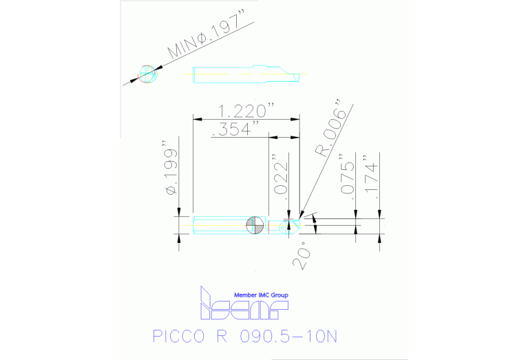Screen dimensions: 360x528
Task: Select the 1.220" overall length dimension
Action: point(246,111)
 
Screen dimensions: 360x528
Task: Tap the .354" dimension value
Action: point(236,129)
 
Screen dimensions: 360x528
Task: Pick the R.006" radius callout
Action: point(330,131)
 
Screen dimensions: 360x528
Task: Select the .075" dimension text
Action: point(348,177)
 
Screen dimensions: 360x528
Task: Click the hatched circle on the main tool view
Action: point(254,224)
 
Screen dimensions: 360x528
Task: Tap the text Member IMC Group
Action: point(262,295)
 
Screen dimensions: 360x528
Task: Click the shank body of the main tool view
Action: point(217,224)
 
